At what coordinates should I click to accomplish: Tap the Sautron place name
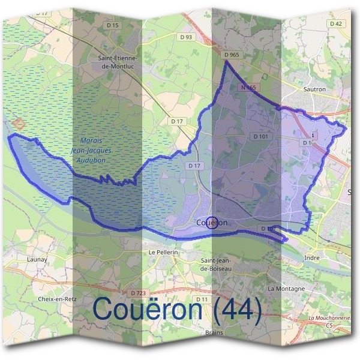[314, 89]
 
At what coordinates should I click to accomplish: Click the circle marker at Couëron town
[211, 223]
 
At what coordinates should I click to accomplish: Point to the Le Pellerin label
[164, 253]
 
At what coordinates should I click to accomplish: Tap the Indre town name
[312, 257]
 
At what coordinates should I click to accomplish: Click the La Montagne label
[287, 289]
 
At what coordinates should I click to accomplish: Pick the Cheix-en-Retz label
[56, 298]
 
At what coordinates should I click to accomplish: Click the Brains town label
[214, 332]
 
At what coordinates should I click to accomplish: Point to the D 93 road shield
[187, 37]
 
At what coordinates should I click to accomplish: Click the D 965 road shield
[232, 55]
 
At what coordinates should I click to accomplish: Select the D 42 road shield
[336, 23]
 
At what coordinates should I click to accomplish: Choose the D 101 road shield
[261, 137]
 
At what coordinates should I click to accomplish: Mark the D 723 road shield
[137, 292]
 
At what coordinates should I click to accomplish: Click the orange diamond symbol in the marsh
[19, 124]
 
